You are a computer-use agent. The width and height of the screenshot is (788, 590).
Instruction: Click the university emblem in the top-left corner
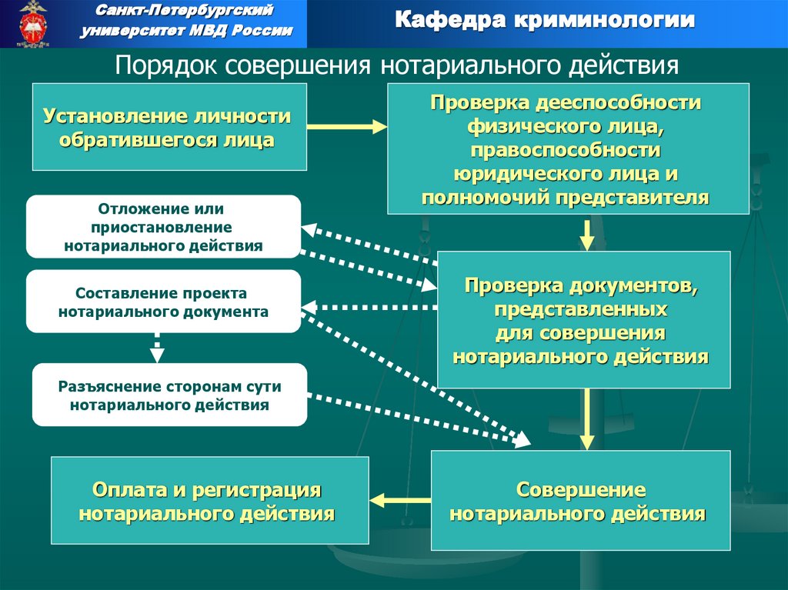[x=32, y=23]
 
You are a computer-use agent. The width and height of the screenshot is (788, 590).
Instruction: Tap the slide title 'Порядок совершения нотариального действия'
[x=396, y=65]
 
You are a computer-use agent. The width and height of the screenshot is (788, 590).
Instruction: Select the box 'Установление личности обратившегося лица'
[x=169, y=127]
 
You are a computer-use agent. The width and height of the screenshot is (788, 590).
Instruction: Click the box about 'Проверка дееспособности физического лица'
[x=568, y=149]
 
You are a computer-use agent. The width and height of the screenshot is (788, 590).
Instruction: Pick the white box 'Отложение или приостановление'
[x=163, y=227]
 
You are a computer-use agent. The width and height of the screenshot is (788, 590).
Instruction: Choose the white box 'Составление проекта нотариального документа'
[x=163, y=302]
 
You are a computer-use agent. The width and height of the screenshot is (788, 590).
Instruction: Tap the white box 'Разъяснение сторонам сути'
[x=169, y=395]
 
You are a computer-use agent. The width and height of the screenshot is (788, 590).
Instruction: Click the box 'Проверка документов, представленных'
[x=583, y=320]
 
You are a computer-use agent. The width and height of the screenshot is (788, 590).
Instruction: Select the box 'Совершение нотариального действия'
[x=580, y=501]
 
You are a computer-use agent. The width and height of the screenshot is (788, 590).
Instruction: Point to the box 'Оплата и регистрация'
[x=209, y=501]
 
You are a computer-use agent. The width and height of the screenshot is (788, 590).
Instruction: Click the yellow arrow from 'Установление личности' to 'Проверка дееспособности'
[x=346, y=126]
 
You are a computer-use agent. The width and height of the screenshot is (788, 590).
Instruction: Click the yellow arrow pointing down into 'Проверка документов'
[x=587, y=234]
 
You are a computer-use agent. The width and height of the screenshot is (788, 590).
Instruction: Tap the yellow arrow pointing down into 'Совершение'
[x=587, y=420]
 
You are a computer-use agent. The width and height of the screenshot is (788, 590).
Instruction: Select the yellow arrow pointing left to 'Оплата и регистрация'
[x=400, y=500]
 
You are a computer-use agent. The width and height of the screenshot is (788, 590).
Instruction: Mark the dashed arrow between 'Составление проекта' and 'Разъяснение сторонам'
[x=157, y=347]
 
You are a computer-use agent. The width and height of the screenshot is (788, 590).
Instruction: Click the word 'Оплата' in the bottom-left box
[x=122, y=489]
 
